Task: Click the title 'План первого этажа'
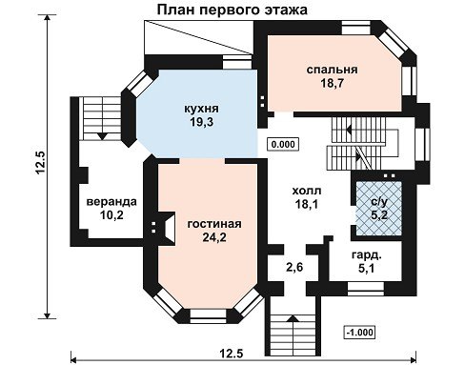click(x=232, y=10)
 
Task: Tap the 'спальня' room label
click(x=332, y=70)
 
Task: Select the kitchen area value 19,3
click(x=202, y=122)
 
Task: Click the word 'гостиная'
click(x=214, y=224)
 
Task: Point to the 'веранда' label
click(x=111, y=202)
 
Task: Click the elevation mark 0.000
click(x=283, y=144)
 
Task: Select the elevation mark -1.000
click(x=359, y=333)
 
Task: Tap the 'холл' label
click(x=307, y=191)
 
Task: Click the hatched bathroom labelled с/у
click(x=379, y=208)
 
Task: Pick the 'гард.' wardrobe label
click(x=367, y=255)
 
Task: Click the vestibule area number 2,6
click(x=294, y=267)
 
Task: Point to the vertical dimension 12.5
click(x=41, y=162)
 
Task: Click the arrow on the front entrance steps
click(x=293, y=319)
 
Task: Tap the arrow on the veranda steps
click(x=102, y=136)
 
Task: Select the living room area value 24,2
click(x=214, y=237)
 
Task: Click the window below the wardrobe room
click(x=366, y=288)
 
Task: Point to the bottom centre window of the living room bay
click(x=208, y=314)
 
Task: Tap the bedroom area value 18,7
click(x=332, y=84)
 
